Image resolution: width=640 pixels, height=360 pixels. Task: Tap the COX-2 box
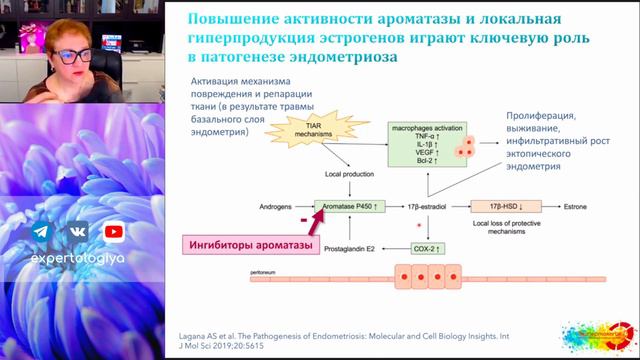[428, 248]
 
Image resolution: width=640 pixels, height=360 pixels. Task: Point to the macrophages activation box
[428, 145]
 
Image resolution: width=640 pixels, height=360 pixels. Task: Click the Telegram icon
[41, 232]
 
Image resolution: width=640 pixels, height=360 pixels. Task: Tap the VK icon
[77, 232]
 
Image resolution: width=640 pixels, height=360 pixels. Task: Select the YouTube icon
[114, 232]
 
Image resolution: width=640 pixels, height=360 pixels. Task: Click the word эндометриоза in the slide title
[340, 58]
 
